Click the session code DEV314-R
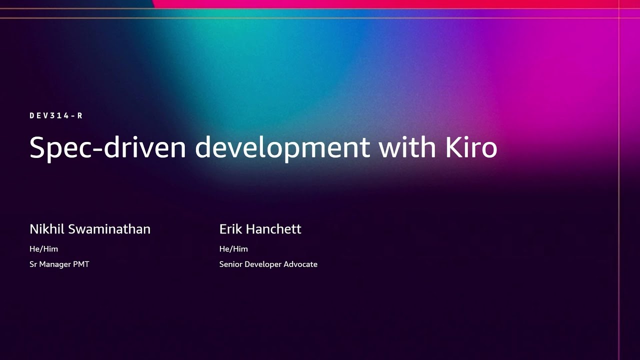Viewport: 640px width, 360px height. [56, 115]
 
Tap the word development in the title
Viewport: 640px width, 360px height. [282, 148]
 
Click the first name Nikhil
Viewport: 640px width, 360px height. [47, 229]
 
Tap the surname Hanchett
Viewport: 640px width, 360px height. [274, 229]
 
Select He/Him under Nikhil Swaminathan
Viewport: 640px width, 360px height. [43, 248]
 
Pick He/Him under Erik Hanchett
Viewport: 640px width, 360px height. [233, 248]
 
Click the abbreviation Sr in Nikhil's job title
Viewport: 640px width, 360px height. [34, 264]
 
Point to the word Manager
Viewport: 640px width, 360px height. [56, 264]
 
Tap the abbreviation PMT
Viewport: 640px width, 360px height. [81, 264]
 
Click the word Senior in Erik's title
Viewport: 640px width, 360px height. [230, 264]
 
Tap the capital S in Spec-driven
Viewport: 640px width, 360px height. [37, 148]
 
